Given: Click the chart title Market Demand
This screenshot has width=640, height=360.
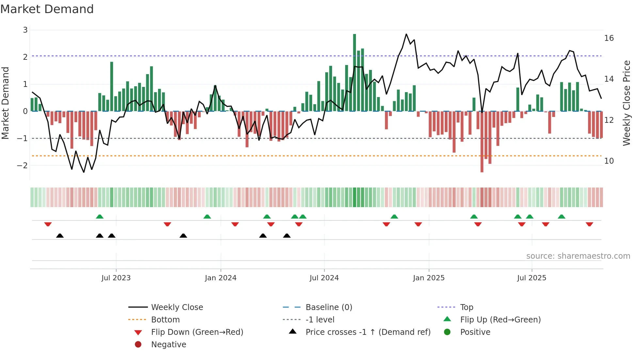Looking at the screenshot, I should (x=47, y=9).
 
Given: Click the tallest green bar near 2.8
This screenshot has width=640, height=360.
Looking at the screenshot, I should (x=354, y=72).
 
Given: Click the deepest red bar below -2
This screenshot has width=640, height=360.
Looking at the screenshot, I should (x=482, y=142).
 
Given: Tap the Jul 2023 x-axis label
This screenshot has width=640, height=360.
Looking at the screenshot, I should (x=116, y=278).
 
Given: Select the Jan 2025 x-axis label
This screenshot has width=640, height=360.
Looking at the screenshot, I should (x=428, y=278).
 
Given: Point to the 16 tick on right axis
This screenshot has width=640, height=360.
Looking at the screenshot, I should (x=609, y=38).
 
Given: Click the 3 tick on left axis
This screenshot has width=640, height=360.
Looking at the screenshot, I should (x=25, y=30).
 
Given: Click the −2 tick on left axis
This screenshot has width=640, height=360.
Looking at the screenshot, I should (x=23, y=165).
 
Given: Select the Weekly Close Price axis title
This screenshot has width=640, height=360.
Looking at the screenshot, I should (x=626, y=103).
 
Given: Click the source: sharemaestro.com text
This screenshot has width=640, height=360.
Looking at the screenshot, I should (x=578, y=256).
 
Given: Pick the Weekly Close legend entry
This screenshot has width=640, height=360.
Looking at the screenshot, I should (x=177, y=307).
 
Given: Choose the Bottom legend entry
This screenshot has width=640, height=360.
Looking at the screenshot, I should (x=165, y=319).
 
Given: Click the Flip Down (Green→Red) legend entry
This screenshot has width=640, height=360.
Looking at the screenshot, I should (x=197, y=332).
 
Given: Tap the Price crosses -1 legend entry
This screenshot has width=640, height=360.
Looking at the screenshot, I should (x=368, y=332).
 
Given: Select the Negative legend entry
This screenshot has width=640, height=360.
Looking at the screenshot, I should (x=168, y=344).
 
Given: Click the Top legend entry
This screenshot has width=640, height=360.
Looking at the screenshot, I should (x=467, y=307).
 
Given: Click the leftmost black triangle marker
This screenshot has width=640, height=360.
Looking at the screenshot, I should (x=60, y=236).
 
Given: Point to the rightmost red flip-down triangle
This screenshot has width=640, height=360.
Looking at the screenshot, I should (x=589, y=224).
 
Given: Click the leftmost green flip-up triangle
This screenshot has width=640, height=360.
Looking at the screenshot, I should (x=100, y=217).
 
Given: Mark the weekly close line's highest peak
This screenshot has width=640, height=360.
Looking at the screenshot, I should (x=406, y=34).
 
